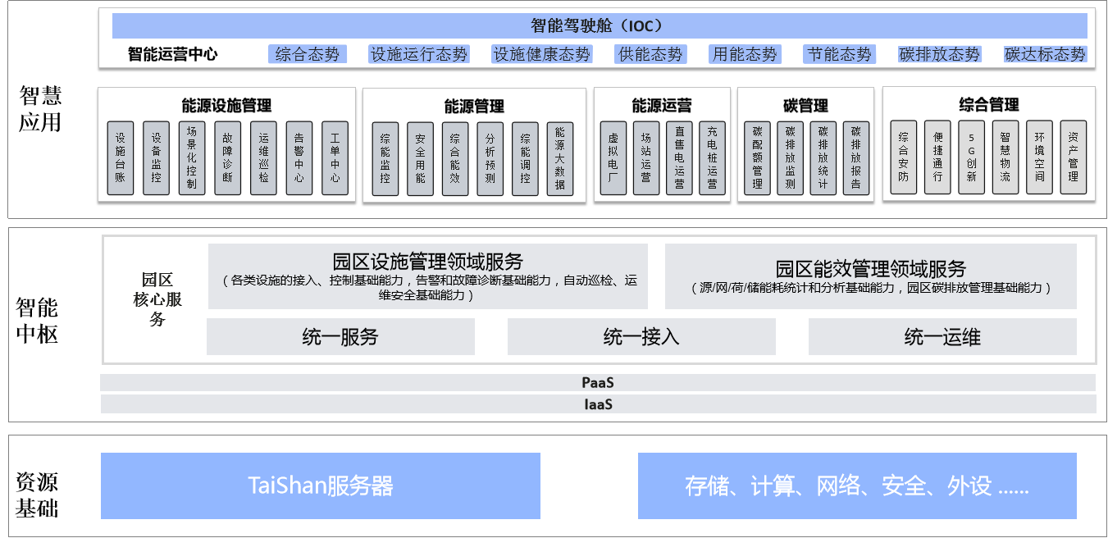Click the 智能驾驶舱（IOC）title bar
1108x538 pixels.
600,25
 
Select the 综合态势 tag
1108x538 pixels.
308,54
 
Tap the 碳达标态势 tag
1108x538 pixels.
1045,54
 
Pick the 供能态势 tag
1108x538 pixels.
650,54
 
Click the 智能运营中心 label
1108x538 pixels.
172,54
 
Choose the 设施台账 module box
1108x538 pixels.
121,158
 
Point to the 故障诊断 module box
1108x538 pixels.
227,158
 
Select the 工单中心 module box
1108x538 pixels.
335,158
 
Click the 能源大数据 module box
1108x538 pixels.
560,159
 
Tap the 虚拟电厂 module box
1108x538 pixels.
613,158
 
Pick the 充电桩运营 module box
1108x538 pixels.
712,158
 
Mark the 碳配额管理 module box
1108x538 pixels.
757,158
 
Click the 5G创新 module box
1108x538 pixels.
972,157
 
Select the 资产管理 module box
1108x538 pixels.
1074,157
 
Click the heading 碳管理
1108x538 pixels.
805,106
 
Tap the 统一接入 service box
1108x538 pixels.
641,337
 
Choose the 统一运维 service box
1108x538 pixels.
942,337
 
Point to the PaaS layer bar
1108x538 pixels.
598,383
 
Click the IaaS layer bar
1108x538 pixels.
598,404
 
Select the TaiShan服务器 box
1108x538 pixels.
321,486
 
